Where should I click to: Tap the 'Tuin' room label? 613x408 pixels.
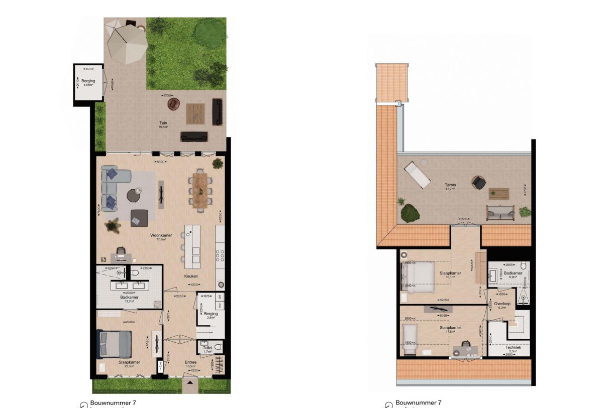click(163, 122)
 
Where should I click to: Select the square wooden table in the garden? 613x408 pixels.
click(195, 113)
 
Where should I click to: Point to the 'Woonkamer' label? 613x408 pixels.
click(160, 235)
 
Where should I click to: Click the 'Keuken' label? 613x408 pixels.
click(191, 276)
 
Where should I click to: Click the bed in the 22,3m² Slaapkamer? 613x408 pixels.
click(115, 344)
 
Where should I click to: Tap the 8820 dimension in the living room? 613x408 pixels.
click(160, 163)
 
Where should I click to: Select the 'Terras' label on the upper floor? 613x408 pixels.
click(450, 185)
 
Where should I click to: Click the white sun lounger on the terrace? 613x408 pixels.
click(417, 174)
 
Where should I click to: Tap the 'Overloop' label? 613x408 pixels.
click(502, 303)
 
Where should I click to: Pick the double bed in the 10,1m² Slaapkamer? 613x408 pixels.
click(418, 277)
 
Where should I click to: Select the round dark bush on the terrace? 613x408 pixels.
click(410, 213)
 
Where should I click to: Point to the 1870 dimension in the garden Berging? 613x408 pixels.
click(88, 69)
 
